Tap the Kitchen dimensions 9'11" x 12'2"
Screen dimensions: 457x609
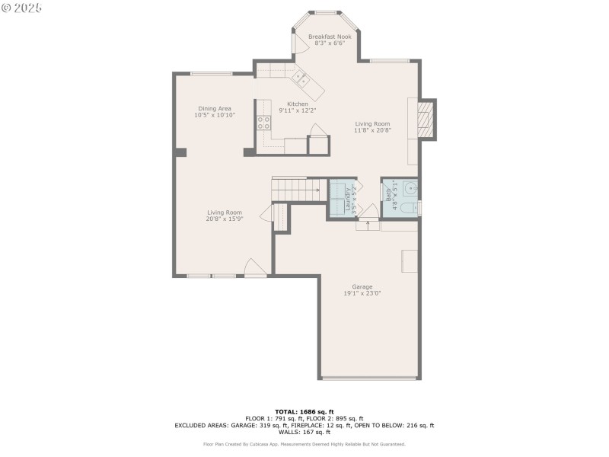[297, 110]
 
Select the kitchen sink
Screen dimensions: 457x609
[301, 78]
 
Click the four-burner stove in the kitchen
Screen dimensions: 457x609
[264, 124]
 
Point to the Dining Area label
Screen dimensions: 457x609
[214, 108]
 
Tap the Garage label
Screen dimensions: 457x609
[362, 286]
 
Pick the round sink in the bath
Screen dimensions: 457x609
[410, 187]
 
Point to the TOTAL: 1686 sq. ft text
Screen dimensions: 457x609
[304, 411]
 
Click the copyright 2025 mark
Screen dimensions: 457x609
[22, 7]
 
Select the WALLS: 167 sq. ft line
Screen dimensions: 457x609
[304, 433]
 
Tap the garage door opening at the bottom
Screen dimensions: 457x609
[369, 377]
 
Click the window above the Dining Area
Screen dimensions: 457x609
[212, 74]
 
